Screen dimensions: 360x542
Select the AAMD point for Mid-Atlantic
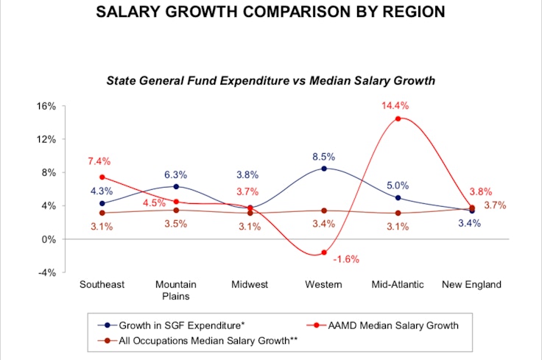398,119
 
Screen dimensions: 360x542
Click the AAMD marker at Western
323,253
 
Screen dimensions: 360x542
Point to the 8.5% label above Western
323,157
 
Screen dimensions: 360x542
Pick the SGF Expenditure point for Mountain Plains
176,186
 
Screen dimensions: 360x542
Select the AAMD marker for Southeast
102,177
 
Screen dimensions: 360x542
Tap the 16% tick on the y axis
46,106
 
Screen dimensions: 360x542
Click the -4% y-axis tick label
46,272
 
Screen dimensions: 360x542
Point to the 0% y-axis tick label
48,239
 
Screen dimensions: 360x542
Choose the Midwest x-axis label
249,284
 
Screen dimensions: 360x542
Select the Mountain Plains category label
175,290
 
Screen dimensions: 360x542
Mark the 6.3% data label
175,174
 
